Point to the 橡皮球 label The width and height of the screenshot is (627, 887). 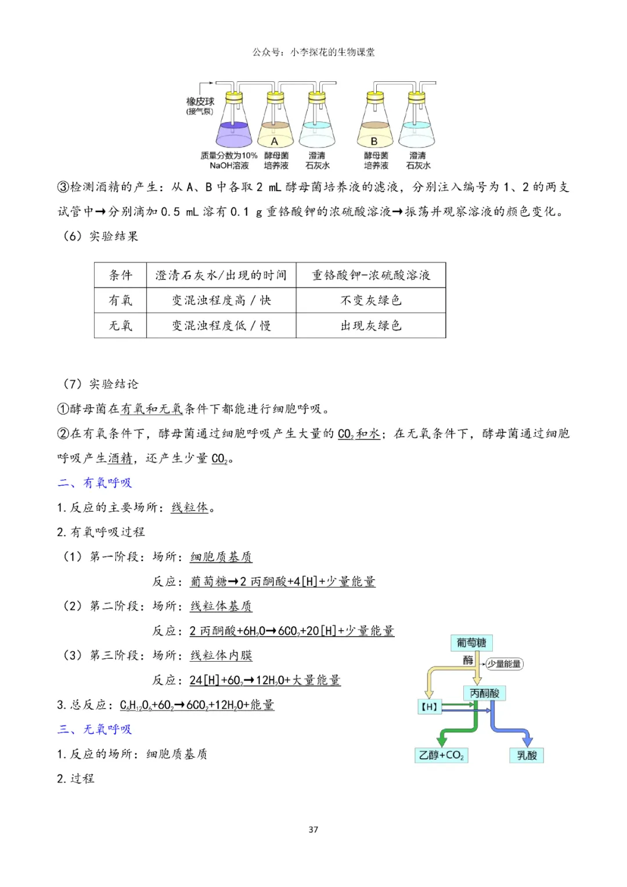tap(200, 102)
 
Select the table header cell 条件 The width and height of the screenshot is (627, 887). tap(121, 275)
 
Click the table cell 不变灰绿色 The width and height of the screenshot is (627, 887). tap(371, 300)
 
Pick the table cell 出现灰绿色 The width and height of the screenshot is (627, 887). tap(371, 325)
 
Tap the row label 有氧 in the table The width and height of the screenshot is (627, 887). tap(121, 300)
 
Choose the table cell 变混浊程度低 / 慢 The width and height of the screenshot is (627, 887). tap(221, 325)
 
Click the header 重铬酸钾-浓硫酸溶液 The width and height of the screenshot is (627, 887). tap(371, 275)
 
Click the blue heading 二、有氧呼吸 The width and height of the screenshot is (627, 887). tap(95, 483)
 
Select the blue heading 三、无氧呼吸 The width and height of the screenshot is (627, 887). tap(95, 729)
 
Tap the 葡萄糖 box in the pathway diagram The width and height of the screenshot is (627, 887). tap(471, 642)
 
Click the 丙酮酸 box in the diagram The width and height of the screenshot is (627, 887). tap(484, 693)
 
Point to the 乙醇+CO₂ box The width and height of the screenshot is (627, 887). tap(441, 755)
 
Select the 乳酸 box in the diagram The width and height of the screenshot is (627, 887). tap(527, 755)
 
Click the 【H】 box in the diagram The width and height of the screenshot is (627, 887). tap(429, 706)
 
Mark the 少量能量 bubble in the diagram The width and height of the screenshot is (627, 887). tap(504, 664)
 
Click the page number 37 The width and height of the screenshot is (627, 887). tap(313, 829)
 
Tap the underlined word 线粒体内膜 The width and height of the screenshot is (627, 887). tap(221, 656)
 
